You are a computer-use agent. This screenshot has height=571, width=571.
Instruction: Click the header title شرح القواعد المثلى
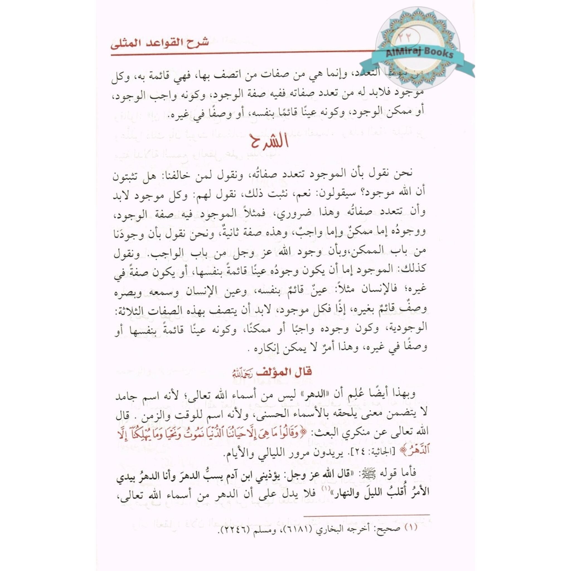point(159,43)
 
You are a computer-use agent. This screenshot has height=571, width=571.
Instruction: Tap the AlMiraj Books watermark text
point(419,54)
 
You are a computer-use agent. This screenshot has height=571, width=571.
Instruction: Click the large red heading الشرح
point(268,143)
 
